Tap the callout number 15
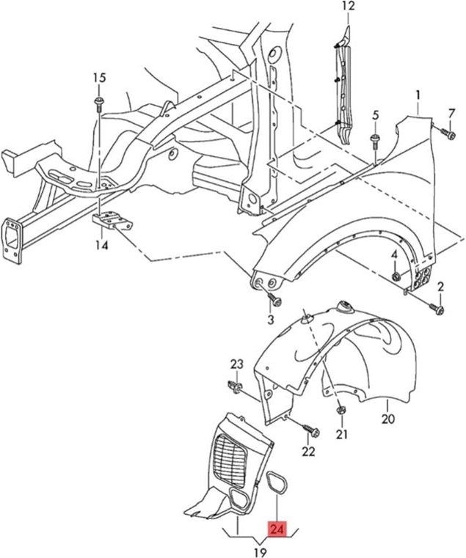[x=99, y=78]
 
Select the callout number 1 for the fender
[x=418, y=95]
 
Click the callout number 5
[x=375, y=115]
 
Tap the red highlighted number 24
[x=277, y=529]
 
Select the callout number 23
[x=236, y=364]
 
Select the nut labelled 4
[x=396, y=276]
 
